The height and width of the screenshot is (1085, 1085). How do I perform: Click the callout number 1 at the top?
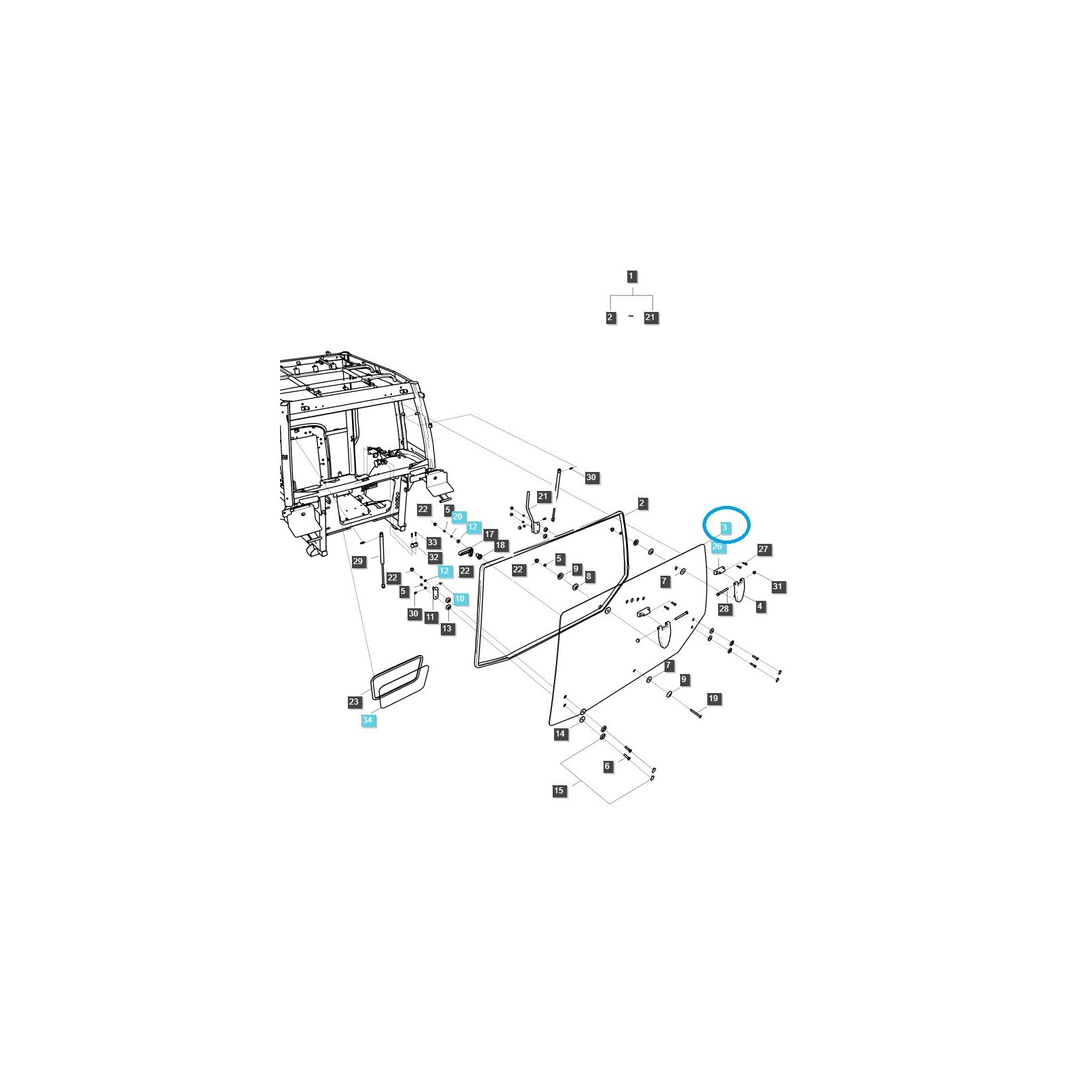[x=631, y=276]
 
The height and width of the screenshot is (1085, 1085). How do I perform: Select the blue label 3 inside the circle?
[x=724, y=527]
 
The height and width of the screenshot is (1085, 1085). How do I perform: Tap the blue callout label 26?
[x=718, y=547]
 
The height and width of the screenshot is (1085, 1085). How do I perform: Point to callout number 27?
[x=764, y=549]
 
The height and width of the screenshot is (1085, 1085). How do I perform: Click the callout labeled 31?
[x=778, y=587]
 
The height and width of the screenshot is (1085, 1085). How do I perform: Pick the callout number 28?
[x=724, y=609]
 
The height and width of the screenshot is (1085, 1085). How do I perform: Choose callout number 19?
[x=713, y=698]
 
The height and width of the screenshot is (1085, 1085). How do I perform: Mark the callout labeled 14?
[x=560, y=734]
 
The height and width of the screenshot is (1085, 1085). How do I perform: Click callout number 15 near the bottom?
[x=559, y=791]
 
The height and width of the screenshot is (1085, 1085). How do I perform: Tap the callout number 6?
[x=608, y=766]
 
